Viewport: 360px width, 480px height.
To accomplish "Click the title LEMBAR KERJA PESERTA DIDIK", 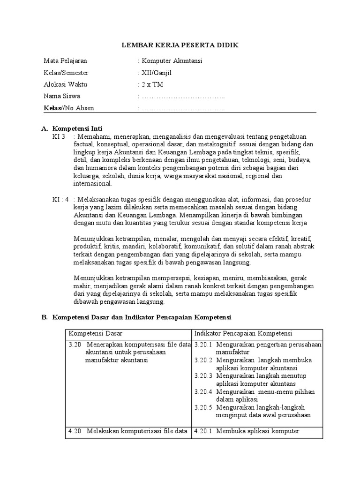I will [x=180, y=45].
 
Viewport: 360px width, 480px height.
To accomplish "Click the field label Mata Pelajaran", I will [x=65, y=61].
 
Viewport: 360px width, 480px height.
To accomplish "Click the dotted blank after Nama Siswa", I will [x=183, y=97].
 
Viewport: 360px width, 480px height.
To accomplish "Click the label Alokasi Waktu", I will [x=65, y=84].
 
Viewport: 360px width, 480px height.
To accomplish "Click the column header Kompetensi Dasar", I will [x=96, y=333].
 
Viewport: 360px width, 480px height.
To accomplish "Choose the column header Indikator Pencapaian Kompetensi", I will [x=243, y=333].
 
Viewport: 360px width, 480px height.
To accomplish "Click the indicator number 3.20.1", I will [x=203, y=345].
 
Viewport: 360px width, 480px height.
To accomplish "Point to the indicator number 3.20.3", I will [x=203, y=375].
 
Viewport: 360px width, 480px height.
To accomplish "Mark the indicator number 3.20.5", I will [x=203, y=407].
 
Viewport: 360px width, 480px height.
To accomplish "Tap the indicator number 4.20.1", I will [x=203, y=431].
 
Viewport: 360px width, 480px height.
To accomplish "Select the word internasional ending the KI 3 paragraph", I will [x=93, y=184].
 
